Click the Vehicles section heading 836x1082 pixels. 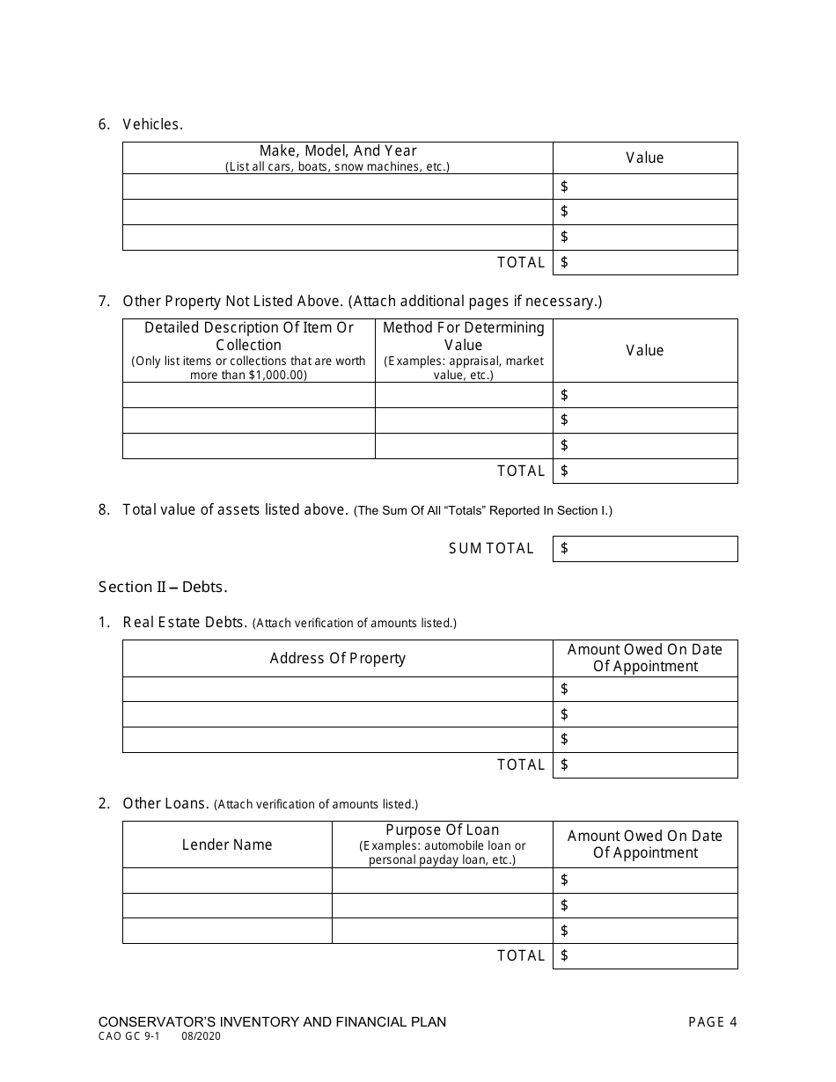152,124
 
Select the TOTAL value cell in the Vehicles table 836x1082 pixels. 644,262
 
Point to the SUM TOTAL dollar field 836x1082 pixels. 644,549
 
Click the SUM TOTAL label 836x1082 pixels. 491,549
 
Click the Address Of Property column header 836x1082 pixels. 337,658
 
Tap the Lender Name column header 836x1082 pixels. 227,844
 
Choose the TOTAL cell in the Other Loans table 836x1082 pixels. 644,955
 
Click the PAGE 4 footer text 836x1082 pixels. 713,1022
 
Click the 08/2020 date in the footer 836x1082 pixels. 202,1037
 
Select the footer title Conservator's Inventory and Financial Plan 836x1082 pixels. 272,1022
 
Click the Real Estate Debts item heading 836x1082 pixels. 185,623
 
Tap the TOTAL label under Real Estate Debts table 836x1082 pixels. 521,765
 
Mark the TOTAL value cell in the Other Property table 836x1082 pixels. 644,471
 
